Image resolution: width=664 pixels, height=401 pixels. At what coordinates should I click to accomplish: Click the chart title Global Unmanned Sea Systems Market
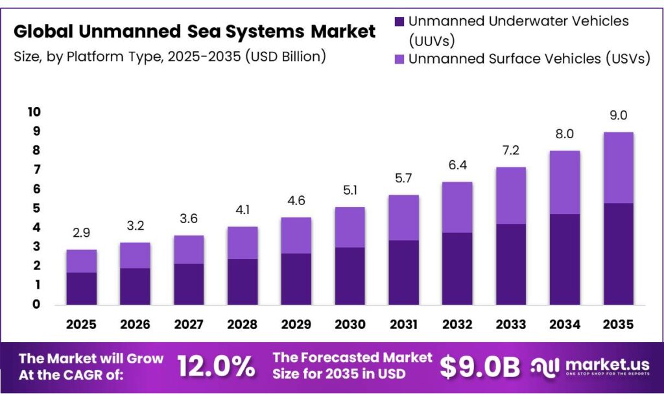click(x=195, y=30)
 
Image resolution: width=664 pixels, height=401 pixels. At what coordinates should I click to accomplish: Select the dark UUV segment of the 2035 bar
click(x=618, y=254)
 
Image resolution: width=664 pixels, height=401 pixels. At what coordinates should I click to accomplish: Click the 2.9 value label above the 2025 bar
click(x=81, y=232)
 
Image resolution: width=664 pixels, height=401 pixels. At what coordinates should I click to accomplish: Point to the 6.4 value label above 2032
click(x=458, y=165)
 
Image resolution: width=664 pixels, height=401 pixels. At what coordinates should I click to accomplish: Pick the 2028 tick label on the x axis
click(x=243, y=323)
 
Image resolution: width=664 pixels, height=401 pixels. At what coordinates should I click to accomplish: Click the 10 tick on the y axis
click(x=34, y=112)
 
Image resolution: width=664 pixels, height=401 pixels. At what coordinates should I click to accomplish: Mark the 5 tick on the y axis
click(x=37, y=208)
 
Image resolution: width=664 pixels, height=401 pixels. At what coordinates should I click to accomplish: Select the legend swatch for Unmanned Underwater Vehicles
click(x=400, y=21)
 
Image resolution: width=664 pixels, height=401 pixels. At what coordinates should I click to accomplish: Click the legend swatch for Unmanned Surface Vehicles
click(x=400, y=59)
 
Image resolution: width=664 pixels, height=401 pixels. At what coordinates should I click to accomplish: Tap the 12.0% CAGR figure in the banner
click(x=216, y=367)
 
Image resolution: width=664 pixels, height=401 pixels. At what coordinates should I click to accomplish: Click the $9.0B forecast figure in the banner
click(x=480, y=367)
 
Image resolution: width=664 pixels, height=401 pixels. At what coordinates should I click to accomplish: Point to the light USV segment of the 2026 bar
click(x=135, y=255)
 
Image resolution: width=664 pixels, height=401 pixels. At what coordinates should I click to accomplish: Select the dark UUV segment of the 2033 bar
click(x=511, y=264)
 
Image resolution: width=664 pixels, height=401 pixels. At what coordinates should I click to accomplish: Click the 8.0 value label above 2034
click(x=565, y=134)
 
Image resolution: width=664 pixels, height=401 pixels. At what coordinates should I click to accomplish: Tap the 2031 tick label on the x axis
click(x=405, y=323)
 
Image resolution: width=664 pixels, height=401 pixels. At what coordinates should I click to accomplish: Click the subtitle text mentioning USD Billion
click(x=169, y=56)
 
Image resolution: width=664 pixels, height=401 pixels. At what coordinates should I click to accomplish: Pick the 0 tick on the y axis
click(x=37, y=304)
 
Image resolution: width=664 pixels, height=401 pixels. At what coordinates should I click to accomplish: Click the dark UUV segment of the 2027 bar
click(x=189, y=284)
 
